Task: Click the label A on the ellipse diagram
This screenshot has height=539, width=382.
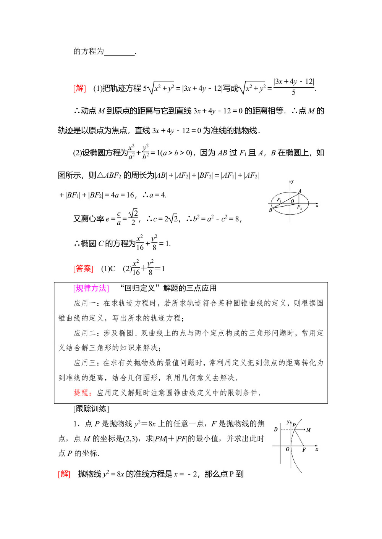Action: (300, 191)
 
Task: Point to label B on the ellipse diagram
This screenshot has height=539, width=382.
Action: (270, 210)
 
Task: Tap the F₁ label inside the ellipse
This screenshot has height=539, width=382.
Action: (279, 200)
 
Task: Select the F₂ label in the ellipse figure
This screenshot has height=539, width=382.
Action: (299, 207)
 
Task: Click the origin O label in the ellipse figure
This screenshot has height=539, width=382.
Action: (292, 201)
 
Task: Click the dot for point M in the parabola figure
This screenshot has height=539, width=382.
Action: (304, 430)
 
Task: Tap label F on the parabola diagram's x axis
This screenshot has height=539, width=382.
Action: (304, 450)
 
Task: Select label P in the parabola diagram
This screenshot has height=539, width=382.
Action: (294, 425)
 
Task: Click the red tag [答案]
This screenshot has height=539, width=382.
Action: (83, 268)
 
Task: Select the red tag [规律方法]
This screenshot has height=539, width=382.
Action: (91, 288)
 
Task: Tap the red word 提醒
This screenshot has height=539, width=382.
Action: (81, 393)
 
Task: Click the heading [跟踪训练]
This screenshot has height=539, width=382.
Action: (91, 409)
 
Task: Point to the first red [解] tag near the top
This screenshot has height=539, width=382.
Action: (79, 88)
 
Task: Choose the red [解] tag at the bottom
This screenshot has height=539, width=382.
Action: (64, 474)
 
